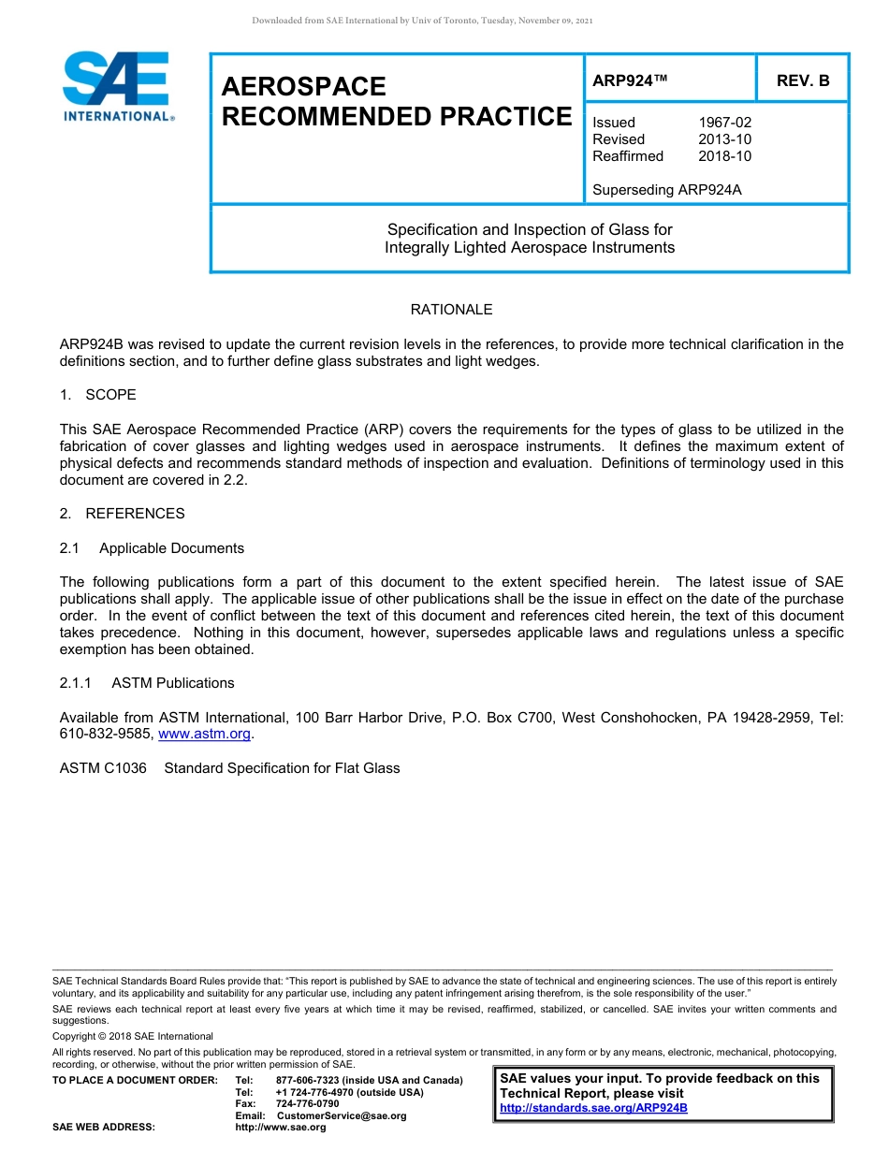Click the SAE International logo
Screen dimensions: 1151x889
click(117, 86)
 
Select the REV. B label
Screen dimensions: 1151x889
click(802, 80)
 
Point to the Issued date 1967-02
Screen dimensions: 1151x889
click(724, 123)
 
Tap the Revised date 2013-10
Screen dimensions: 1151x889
click(724, 139)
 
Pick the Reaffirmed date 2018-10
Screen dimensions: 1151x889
click(724, 156)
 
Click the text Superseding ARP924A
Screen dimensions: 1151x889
click(666, 190)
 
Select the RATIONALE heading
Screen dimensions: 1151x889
click(451, 310)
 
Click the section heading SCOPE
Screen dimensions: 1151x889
click(110, 395)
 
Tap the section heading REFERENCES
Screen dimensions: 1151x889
click(135, 514)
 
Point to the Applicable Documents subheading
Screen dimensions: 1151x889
click(171, 548)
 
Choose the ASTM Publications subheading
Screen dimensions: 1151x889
click(172, 683)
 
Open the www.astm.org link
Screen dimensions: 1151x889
click(205, 735)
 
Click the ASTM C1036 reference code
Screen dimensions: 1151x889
click(103, 768)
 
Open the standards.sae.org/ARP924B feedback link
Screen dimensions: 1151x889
click(593, 1108)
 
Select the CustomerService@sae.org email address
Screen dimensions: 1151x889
click(342, 1115)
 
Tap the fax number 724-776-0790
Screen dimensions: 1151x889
click(307, 1104)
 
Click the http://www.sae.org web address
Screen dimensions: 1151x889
click(281, 1128)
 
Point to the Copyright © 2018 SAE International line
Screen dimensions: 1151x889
click(133, 1036)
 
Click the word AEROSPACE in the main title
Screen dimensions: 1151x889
click(303, 87)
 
